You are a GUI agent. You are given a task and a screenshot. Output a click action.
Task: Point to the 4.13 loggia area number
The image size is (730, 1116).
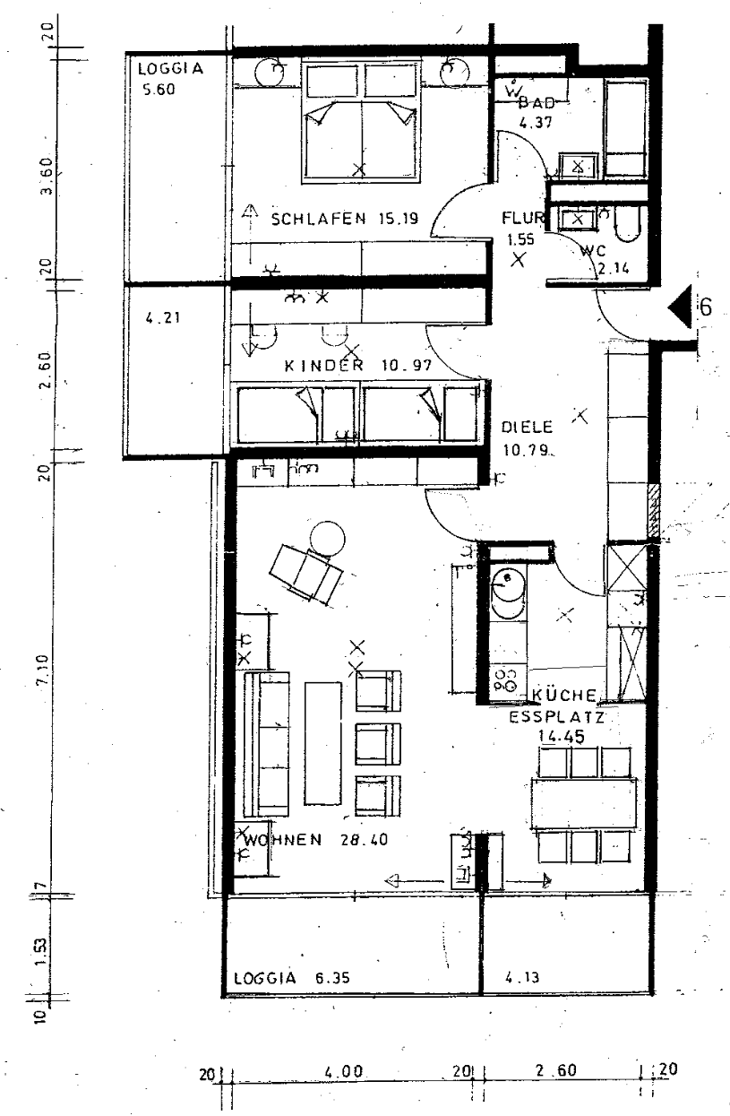(x=521, y=979)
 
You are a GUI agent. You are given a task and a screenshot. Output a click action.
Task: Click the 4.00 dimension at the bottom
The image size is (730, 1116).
(x=345, y=1072)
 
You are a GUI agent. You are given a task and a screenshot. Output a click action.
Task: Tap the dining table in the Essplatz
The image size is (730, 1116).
(x=584, y=804)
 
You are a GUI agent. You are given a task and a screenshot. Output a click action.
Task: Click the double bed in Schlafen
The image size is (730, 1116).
(x=361, y=121)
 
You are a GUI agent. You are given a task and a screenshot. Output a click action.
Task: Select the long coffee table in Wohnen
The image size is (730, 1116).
(x=322, y=742)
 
